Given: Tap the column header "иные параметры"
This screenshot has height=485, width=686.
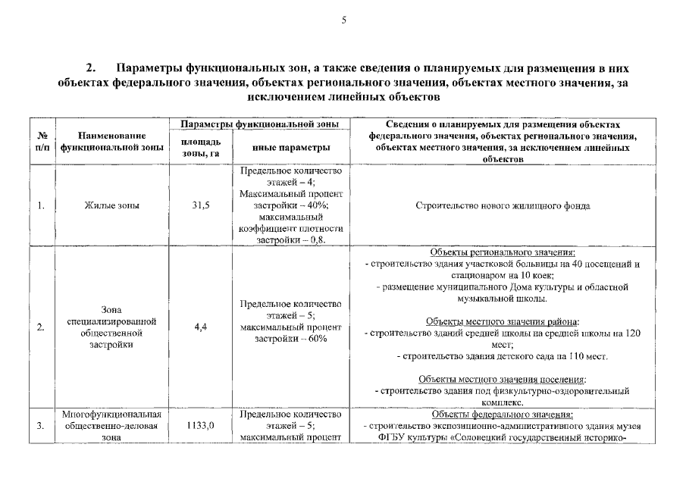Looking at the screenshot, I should pos(291,148).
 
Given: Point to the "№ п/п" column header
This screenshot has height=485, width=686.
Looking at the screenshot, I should pos(42,142).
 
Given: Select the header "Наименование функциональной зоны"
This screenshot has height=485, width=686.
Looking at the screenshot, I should pos(112,142).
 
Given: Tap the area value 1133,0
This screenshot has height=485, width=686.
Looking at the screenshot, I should pos(200,426).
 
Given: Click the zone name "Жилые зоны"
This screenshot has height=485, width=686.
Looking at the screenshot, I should pos(111,206).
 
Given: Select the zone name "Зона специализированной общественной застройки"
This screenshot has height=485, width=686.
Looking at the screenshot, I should pos(111,327).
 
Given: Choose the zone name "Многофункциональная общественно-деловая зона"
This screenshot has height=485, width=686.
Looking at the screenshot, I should pos(111,426).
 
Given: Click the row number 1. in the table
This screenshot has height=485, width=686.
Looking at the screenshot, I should pos(41,206).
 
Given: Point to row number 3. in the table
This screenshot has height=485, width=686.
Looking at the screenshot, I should pos(41,426).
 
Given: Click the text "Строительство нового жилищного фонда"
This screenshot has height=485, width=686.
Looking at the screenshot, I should pos(503,206).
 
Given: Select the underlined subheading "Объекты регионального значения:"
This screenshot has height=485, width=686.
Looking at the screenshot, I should pos(503,252).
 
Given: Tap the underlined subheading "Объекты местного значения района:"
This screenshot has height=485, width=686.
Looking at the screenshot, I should pos(503,321).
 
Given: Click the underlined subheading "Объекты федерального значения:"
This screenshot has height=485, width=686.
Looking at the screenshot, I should pos(503,415).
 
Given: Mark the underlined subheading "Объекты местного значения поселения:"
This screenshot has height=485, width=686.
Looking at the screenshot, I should pos(503,379).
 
